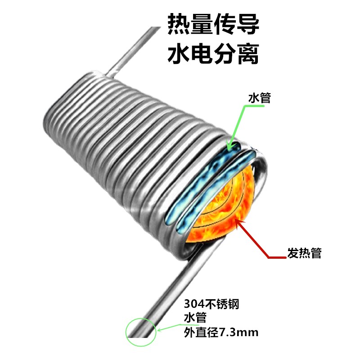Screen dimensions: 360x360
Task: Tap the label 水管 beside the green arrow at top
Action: (x=260, y=98)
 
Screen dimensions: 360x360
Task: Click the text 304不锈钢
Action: (x=211, y=304)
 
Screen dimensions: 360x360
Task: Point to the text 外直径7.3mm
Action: (x=221, y=333)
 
